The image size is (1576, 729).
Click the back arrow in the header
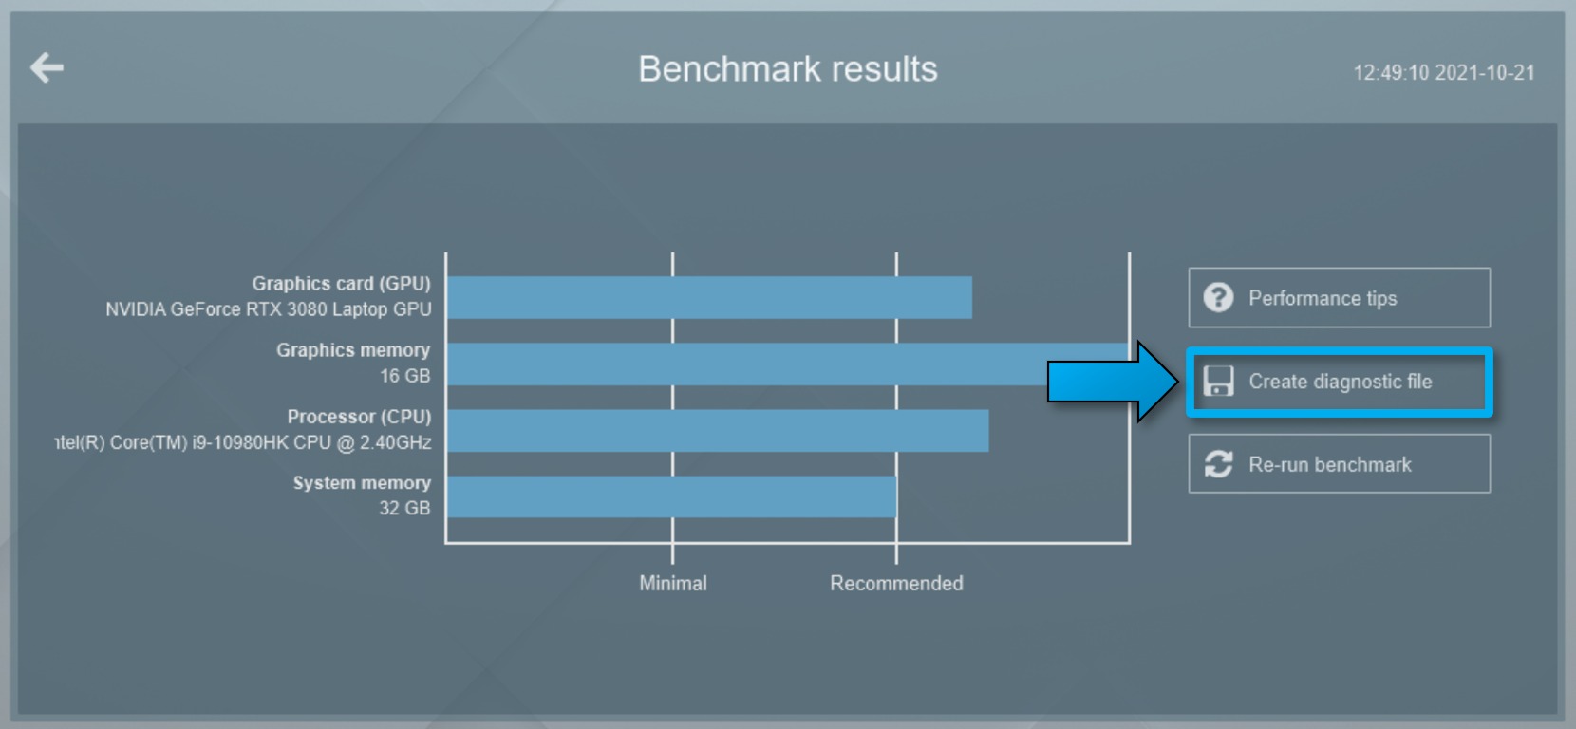(47, 67)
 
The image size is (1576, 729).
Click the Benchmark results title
(787, 69)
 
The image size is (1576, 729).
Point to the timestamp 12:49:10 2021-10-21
(1444, 73)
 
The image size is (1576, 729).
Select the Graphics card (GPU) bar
(709, 297)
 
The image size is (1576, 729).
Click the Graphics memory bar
(788, 364)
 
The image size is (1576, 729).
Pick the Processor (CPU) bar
(718, 431)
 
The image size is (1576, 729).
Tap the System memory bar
(672, 496)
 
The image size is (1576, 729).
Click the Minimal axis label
(672, 584)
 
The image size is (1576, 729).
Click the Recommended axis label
(896, 584)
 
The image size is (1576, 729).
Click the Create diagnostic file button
(1340, 383)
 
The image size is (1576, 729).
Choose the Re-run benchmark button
(1340, 464)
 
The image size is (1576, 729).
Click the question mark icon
(1218, 298)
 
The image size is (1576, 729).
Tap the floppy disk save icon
(1218, 382)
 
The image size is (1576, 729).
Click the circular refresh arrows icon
(1218, 464)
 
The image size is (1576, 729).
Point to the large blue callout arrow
(1113, 382)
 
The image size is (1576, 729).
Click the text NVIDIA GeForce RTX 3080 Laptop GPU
(268, 309)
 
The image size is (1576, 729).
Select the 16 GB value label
(404, 376)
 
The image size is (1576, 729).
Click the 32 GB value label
(404, 508)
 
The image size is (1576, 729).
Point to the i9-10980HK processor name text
(243, 442)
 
